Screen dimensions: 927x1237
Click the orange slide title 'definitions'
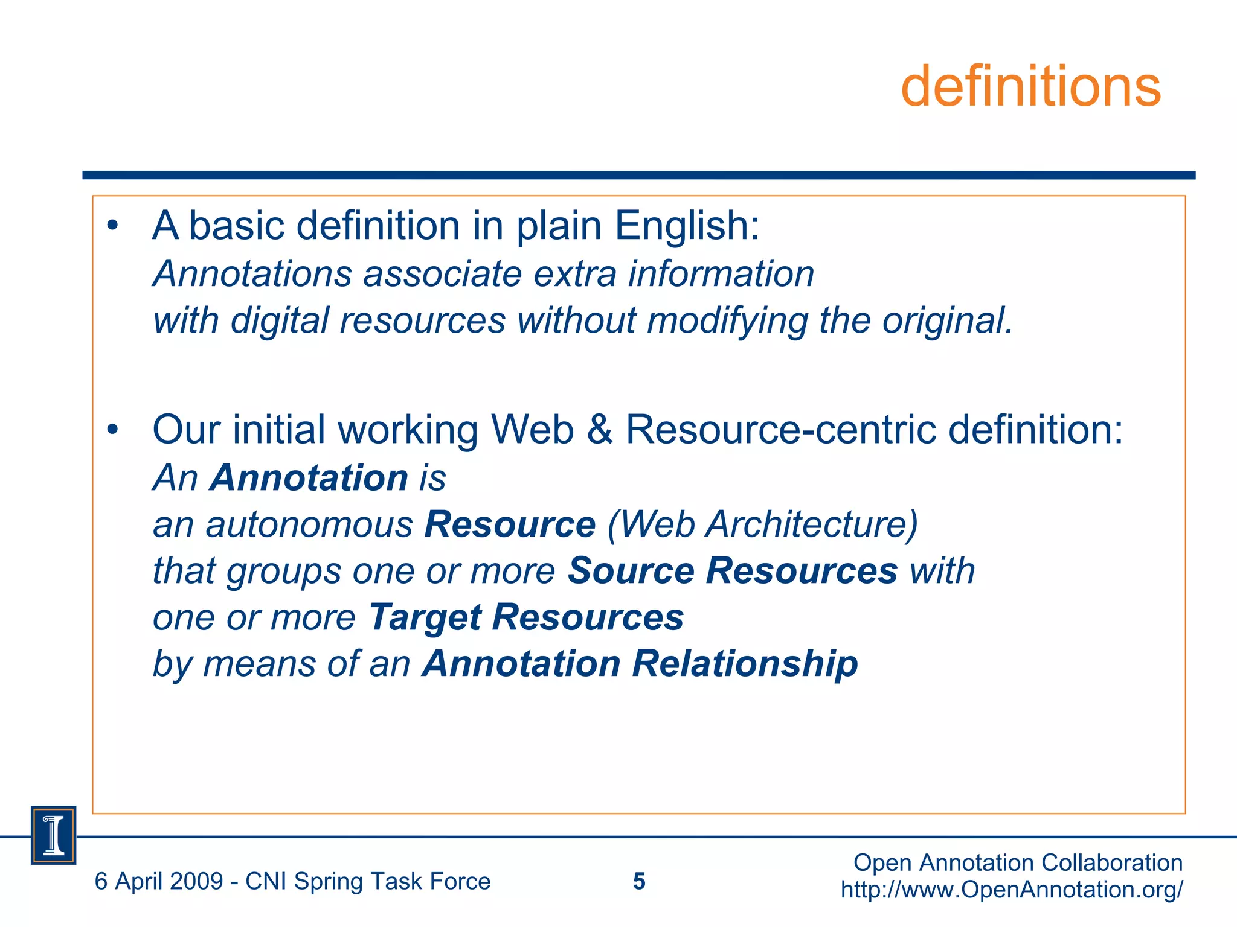[1030, 87]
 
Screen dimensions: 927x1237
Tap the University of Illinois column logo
[54, 835]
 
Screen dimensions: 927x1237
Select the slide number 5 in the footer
[639, 882]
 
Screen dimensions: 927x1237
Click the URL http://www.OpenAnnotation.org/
[1012, 890]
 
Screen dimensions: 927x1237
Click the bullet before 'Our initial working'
[112, 430]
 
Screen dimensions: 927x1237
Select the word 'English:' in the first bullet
[687, 226]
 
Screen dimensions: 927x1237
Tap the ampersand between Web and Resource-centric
[599, 430]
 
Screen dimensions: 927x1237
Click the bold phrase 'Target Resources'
[526, 617]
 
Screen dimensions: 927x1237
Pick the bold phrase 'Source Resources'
[733, 571]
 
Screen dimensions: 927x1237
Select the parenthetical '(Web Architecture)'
[762, 524]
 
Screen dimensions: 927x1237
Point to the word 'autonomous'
[309, 524]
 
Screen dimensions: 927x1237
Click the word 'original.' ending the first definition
[947, 320]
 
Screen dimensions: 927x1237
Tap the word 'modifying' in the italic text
[727, 320]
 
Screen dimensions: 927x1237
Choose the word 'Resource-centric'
[780, 430]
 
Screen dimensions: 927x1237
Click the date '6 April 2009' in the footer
[159, 882]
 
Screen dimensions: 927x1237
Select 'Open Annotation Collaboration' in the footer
[1018, 863]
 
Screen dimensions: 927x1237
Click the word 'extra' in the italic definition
[575, 274]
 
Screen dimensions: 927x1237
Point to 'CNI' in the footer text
[266, 882]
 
